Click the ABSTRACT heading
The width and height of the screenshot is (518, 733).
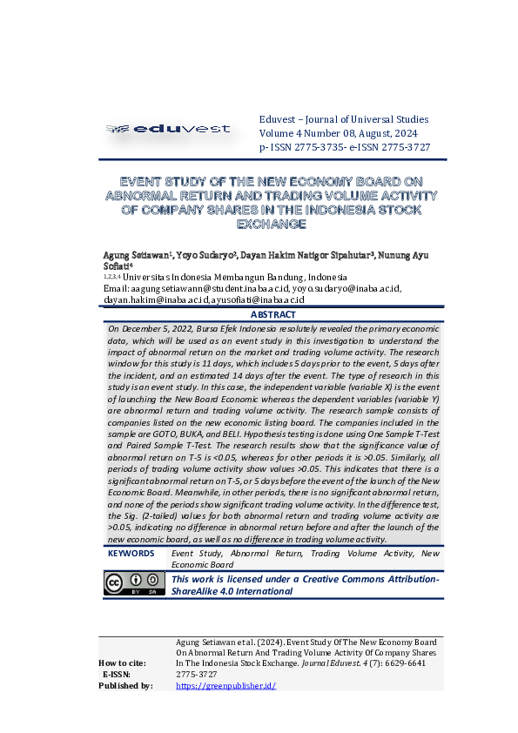(273, 314)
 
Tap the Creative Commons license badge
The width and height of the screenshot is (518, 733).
(134, 583)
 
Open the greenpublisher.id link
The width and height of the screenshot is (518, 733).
(225, 686)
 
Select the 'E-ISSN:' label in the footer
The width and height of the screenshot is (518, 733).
(117, 675)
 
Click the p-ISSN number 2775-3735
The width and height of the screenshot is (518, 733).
(308, 148)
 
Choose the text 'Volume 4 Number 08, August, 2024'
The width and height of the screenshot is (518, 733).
(339, 133)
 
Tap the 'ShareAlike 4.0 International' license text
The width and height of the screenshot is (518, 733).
(232, 591)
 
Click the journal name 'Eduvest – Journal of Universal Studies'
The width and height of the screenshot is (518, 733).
(344, 119)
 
